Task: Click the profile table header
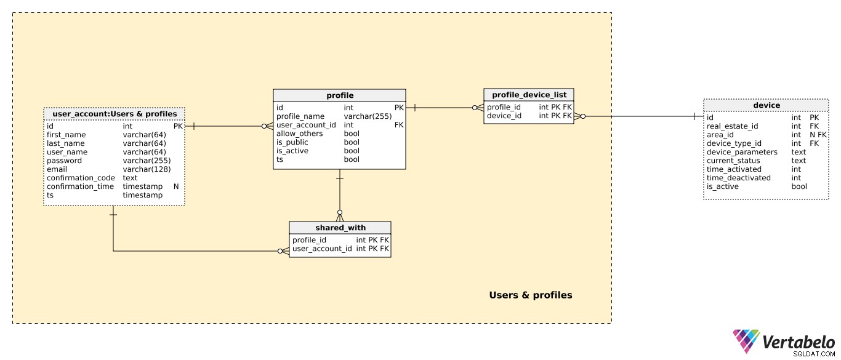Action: click(339, 95)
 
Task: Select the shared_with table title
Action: click(340, 228)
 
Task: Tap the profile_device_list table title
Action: click(529, 95)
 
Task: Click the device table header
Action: click(767, 105)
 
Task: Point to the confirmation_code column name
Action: click(81, 178)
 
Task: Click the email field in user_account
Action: click(57, 169)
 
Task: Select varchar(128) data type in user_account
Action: click(147, 169)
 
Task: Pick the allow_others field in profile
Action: click(300, 134)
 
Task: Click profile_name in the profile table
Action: click(300, 116)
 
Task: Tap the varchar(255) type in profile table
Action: click(368, 116)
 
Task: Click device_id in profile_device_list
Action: click(504, 116)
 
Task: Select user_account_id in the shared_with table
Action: click(322, 249)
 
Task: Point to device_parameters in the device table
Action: click(742, 152)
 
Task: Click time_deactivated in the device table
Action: click(739, 178)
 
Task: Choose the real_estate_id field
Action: click(732, 126)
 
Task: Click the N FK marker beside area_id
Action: click(818, 135)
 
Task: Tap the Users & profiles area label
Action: click(531, 295)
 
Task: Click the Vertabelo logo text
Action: click(799, 342)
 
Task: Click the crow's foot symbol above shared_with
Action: click(340, 216)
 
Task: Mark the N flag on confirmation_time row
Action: click(176, 186)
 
